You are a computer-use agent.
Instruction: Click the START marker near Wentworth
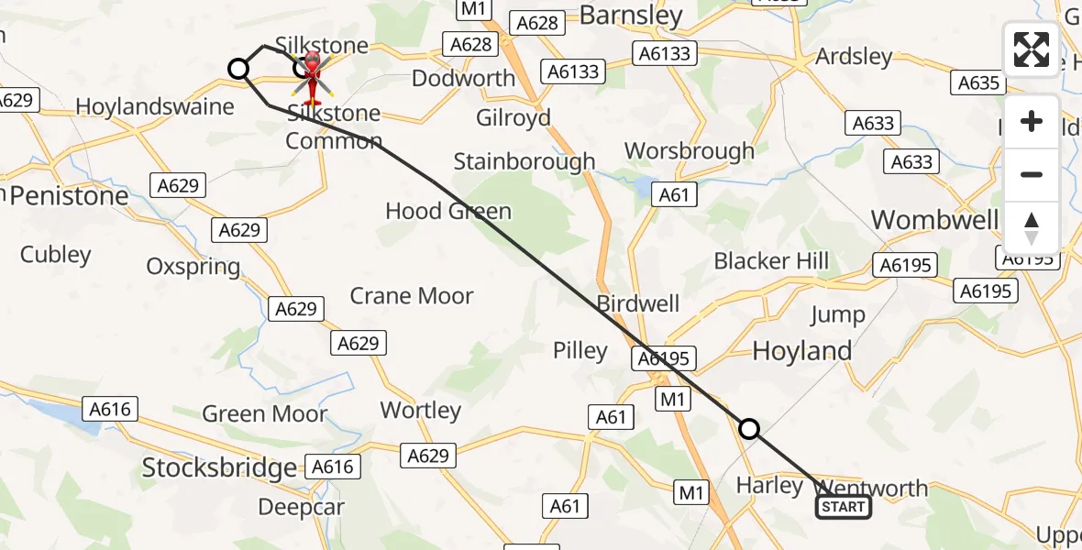pos(844,507)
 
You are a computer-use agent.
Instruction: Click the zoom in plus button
pos(1032,122)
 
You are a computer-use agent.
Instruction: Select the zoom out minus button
pos(1032,174)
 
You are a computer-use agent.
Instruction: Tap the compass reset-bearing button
pos(1032,227)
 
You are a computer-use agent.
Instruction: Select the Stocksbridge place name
pos(219,468)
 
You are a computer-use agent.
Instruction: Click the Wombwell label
pos(934,220)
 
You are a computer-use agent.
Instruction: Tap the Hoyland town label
pos(801,351)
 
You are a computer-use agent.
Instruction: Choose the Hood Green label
pos(448,212)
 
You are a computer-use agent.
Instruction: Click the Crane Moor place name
pos(412,296)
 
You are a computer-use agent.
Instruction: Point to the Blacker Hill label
pos(771,261)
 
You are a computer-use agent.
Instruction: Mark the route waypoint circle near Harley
pos(749,428)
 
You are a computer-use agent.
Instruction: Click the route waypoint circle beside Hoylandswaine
pos(238,69)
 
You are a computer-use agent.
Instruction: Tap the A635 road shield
pos(977,83)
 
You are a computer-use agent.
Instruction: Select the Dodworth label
pos(463,78)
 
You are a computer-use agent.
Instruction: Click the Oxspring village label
pos(193,267)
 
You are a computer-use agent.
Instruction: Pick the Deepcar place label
pos(301,507)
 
